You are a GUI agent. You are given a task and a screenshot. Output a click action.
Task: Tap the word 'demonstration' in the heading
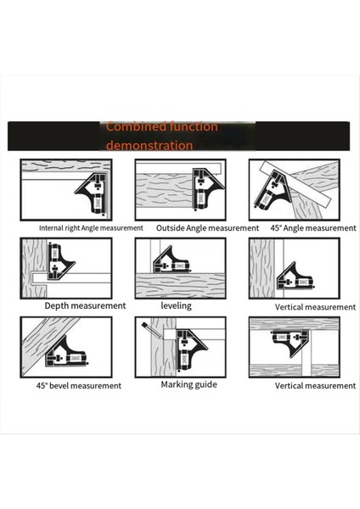click(149, 145)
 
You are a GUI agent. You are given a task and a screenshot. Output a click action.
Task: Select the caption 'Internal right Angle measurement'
click(91, 228)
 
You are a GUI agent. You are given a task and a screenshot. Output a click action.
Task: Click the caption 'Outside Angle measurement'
click(207, 228)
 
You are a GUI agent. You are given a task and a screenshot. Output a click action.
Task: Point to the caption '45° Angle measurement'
click(313, 228)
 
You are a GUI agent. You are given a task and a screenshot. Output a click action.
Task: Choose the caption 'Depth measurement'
click(85, 305)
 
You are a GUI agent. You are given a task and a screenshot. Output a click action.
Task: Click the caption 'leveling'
click(176, 305)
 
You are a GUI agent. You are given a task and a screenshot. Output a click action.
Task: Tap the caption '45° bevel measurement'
click(79, 386)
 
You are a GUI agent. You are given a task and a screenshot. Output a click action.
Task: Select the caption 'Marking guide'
click(188, 384)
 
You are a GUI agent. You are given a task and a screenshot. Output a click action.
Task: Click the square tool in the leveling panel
click(171, 260)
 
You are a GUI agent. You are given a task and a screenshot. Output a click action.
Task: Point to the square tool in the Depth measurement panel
click(60, 261)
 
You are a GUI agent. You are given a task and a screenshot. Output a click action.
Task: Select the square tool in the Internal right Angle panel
click(93, 193)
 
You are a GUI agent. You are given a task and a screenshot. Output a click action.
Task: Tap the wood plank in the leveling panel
click(180, 285)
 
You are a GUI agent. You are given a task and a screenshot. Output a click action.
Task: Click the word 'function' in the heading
click(195, 126)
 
